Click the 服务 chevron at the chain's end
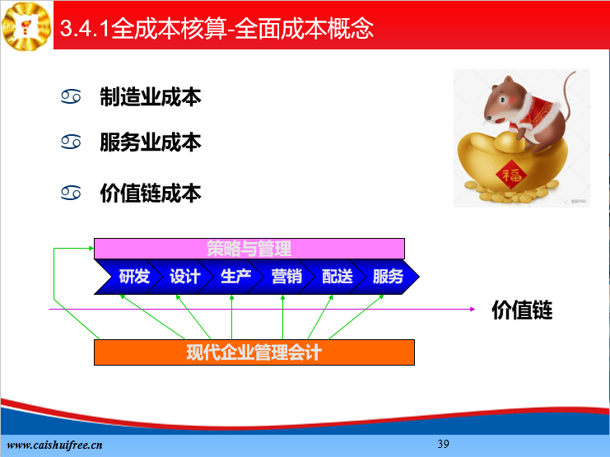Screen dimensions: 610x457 tap(388, 277)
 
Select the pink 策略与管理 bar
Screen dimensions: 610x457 tap(249, 249)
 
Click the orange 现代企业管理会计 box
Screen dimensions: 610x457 tap(254, 352)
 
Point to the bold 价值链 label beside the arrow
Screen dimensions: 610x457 tap(522, 310)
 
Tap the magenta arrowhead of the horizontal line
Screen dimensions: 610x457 tap(473, 309)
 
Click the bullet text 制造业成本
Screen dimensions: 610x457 tap(151, 97)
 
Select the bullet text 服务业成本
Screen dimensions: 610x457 tap(151, 142)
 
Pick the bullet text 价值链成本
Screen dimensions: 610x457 tap(151, 193)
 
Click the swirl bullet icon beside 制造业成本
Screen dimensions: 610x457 tap(71, 96)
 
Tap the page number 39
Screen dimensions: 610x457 tap(443, 444)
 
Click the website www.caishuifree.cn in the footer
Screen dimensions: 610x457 tap(55, 445)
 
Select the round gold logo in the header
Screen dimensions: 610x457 tap(26, 26)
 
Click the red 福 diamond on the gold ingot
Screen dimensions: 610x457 tap(511, 175)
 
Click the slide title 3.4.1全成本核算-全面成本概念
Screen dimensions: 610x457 tap(217, 28)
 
